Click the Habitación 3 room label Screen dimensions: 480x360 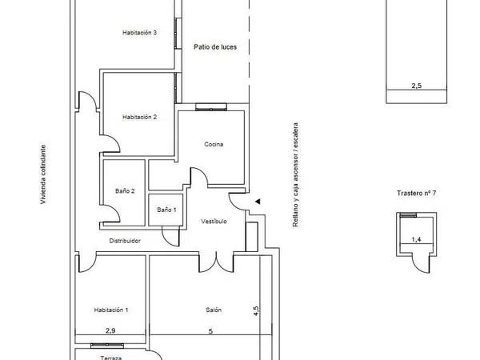click(x=139, y=33)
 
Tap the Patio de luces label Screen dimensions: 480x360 click(x=215, y=47)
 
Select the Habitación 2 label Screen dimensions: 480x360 click(x=139, y=117)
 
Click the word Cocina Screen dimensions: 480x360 click(x=214, y=144)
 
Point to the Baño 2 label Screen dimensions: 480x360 click(x=125, y=191)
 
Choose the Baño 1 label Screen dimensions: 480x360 click(x=166, y=210)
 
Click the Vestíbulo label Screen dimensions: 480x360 click(x=214, y=221)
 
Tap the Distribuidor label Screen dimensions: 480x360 click(x=125, y=241)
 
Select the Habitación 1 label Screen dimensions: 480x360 click(x=111, y=310)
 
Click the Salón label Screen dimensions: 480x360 click(x=214, y=310)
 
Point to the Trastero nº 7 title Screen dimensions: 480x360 click(x=416, y=193)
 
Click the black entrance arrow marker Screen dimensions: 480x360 click(x=258, y=202)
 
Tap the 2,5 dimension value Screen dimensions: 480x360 click(x=416, y=86)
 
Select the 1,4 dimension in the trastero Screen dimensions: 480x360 click(x=416, y=239)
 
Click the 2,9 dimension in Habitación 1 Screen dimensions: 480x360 click(x=110, y=330)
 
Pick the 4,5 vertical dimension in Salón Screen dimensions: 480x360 click(x=256, y=311)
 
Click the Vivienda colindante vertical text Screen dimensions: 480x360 click(x=43, y=174)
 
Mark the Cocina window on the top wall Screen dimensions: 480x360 click(x=211, y=107)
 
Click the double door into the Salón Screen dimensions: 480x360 click(x=217, y=262)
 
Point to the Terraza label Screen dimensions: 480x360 click(x=111, y=358)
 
